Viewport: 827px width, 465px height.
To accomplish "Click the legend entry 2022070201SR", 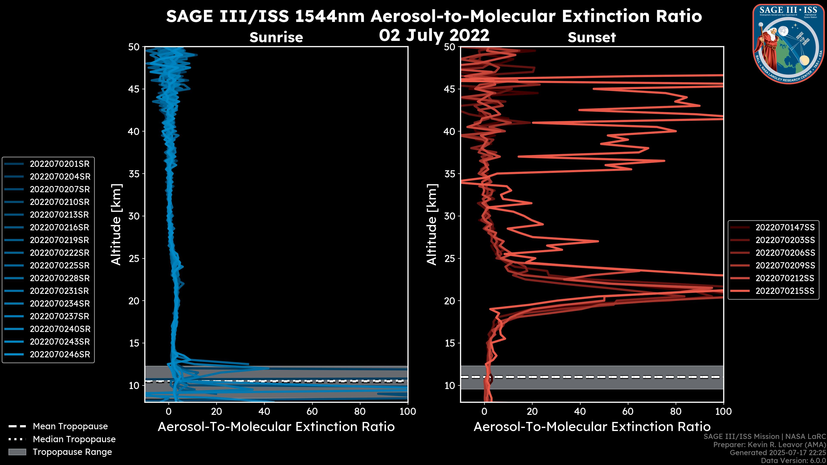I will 59,164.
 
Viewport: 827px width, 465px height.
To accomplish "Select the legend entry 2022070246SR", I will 60,355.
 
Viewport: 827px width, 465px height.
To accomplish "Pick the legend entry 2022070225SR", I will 59,266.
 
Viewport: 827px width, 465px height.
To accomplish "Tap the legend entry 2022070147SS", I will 785,228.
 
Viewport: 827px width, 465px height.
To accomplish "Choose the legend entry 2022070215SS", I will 785,291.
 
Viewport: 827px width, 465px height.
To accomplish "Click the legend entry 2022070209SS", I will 785,266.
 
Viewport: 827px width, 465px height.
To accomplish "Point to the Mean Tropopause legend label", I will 70,426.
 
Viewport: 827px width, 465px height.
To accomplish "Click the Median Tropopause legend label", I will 74,439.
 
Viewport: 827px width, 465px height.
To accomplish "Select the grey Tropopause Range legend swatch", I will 17,452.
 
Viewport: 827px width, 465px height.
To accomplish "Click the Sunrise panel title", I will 276,37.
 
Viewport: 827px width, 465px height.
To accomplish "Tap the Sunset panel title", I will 592,37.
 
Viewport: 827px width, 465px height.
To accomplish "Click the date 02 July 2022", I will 434,35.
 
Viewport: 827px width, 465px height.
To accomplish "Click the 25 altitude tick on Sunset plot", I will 450,259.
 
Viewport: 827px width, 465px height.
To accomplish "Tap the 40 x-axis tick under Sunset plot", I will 580,411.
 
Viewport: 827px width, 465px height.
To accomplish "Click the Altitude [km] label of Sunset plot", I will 432,225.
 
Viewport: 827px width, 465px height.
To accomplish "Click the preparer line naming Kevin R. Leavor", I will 769,445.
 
